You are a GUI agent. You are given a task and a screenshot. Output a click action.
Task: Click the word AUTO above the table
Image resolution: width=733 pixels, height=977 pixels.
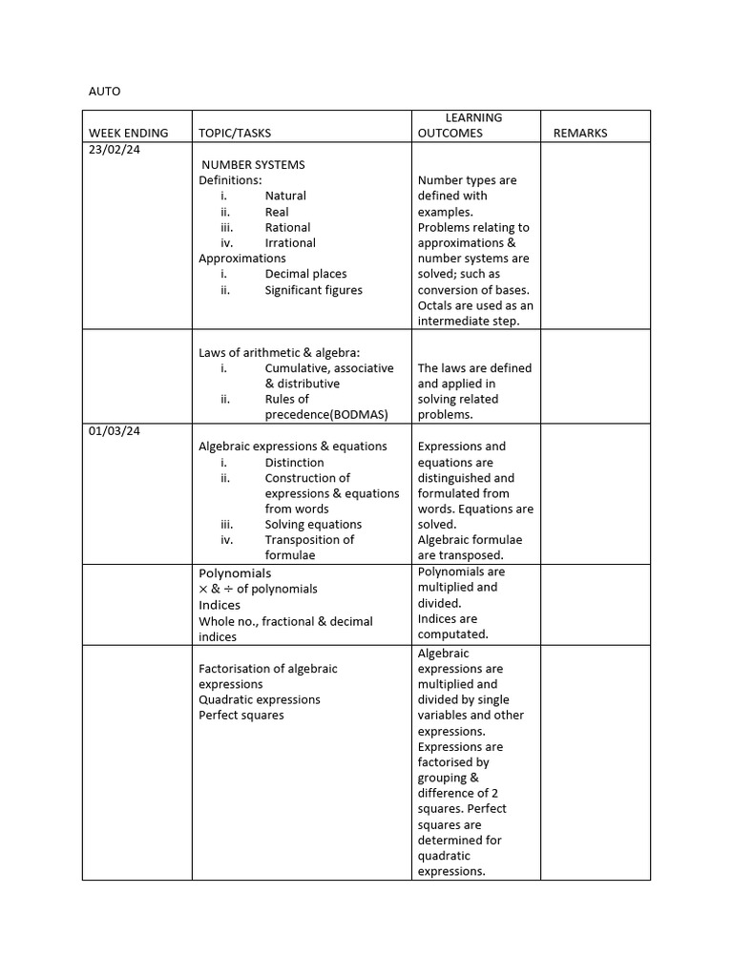[105, 92]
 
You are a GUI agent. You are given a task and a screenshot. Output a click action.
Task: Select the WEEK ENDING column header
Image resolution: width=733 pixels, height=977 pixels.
[128, 134]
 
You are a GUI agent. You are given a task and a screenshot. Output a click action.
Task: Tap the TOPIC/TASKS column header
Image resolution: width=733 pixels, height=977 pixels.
[234, 134]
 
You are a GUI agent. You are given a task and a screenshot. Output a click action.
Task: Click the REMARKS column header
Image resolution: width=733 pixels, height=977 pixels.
[580, 134]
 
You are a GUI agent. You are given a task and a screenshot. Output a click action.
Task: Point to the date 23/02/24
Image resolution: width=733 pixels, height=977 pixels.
[115, 150]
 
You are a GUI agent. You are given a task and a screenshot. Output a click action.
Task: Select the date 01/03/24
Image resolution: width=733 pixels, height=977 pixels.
[115, 431]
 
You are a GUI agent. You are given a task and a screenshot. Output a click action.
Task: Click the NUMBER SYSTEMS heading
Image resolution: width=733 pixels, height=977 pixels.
[253, 165]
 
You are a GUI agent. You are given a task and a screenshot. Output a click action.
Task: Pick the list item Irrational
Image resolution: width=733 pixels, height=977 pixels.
[290, 243]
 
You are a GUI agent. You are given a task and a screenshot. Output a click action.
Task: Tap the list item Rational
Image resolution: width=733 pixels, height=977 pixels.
[287, 228]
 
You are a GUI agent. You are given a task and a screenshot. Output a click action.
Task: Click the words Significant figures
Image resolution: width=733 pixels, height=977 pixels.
[313, 290]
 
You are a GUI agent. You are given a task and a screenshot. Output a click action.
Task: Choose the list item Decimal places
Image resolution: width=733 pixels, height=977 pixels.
[305, 274]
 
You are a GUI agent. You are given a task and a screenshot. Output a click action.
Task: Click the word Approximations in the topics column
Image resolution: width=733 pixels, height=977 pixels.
[241, 259]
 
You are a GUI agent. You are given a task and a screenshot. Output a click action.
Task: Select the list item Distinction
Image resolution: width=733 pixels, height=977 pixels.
[294, 463]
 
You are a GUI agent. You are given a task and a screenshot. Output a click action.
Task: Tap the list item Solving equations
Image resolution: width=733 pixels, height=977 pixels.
[313, 525]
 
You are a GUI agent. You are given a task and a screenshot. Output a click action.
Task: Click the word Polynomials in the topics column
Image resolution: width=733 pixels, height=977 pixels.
[235, 573]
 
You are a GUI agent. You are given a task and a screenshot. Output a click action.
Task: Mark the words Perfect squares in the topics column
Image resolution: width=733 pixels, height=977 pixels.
[241, 716]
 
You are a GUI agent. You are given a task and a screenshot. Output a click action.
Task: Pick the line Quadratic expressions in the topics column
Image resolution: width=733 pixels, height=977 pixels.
[259, 699]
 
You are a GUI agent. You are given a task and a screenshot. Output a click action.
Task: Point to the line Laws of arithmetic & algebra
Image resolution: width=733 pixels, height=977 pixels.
[279, 353]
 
